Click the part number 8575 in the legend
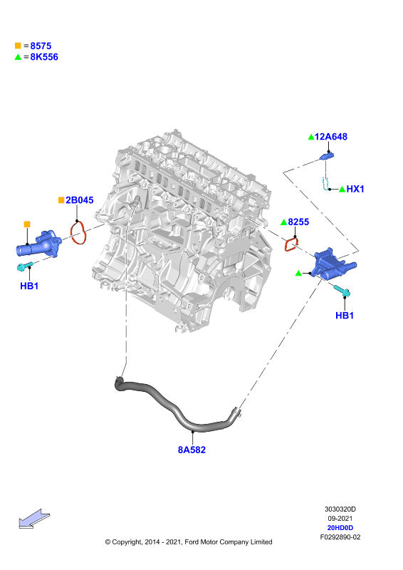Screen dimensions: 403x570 click(41, 46)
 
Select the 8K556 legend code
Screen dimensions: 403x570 click(44, 57)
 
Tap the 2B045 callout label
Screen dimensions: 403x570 click(80, 200)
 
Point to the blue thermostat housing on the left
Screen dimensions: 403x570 click(39, 244)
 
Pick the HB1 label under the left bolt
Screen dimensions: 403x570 click(29, 286)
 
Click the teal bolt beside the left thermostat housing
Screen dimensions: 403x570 click(25, 266)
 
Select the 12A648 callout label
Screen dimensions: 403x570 click(330, 137)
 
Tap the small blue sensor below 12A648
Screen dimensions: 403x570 click(327, 156)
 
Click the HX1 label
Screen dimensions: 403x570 click(355, 189)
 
